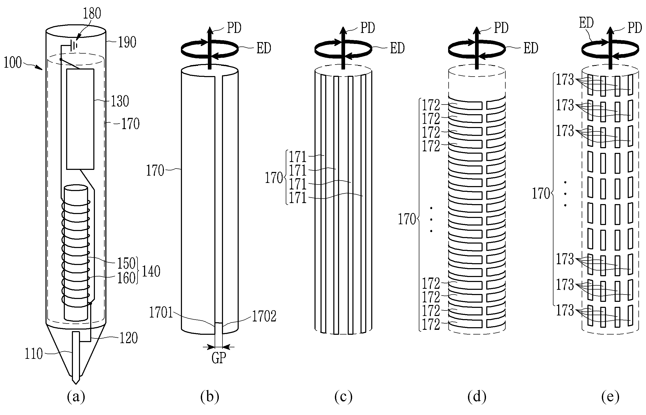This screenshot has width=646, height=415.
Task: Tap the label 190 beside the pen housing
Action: tap(127, 42)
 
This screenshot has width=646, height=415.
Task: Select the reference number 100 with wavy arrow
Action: tap(13, 62)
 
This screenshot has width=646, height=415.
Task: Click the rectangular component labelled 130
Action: tap(80, 119)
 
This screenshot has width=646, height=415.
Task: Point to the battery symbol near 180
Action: tap(73, 45)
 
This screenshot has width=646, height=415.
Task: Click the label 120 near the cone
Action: tap(129, 338)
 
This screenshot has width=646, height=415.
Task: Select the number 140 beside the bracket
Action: tap(151, 271)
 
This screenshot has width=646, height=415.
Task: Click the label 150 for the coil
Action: tap(126, 263)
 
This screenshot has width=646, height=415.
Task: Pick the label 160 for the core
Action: tap(126, 278)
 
